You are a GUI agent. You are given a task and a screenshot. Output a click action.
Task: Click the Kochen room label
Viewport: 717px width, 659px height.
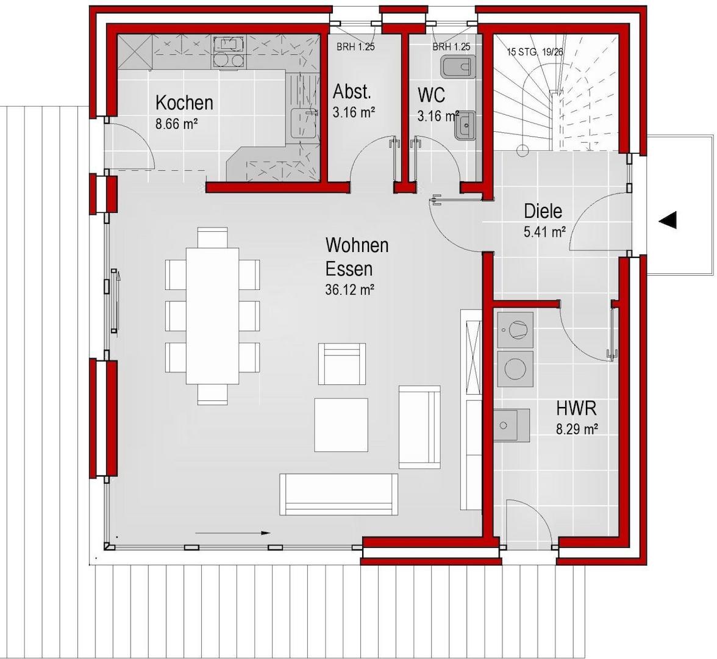click(184, 103)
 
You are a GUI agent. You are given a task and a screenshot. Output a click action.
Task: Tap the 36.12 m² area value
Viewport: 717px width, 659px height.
click(350, 289)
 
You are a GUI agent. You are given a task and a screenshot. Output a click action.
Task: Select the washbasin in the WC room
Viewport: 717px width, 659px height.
click(465, 125)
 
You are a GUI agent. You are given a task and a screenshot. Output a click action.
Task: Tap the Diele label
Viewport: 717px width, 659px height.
click(543, 211)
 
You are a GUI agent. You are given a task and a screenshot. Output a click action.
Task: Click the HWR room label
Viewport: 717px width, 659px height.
click(576, 408)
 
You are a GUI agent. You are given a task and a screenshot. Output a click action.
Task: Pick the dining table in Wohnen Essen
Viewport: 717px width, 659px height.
click(213, 316)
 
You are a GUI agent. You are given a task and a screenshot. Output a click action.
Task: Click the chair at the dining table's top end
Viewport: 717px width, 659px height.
click(213, 237)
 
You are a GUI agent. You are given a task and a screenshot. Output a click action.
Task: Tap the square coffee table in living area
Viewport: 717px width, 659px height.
click(341, 425)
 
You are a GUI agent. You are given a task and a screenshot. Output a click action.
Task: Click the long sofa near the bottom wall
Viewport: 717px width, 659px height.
click(339, 494)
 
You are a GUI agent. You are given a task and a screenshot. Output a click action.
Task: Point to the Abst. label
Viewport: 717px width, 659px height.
click(352, 92)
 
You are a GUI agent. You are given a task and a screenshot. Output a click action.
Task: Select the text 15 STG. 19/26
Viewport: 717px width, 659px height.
click(535, 52)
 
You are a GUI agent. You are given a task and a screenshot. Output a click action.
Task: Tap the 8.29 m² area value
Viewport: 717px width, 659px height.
click(577, 429)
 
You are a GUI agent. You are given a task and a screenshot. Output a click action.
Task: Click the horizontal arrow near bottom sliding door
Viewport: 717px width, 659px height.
click(233, 533)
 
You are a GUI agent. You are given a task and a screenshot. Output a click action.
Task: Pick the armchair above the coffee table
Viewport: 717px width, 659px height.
click(342, 364)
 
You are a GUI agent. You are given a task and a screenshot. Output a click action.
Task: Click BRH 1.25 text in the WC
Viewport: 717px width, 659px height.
click(451, 46)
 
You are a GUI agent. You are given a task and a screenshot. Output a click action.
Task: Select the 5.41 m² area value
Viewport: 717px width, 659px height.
click(545, 232)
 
